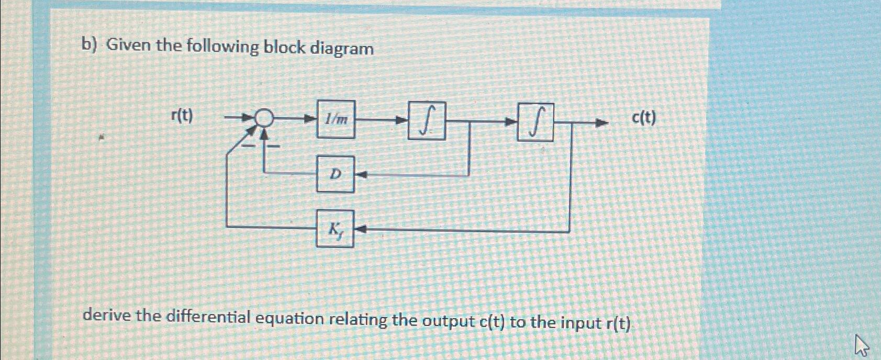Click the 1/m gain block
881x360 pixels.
point(336,119)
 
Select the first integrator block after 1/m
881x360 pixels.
point(427,121)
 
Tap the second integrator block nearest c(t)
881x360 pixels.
point(535,122)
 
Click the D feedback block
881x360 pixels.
point(335,174)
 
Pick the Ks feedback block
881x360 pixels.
point(335,228)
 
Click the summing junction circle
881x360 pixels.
point(265,119)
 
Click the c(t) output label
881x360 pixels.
point(643,118)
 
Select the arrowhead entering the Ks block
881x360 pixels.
point(360,229)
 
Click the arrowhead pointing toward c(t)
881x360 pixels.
point(603,123)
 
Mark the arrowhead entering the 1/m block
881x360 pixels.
point(311,119)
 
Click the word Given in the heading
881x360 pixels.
point(129,46)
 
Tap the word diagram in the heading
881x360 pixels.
point(342,49)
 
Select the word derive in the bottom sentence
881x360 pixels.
point(107,316)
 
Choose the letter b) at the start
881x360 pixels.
point(90,46)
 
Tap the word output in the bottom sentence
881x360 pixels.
point(448,320)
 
